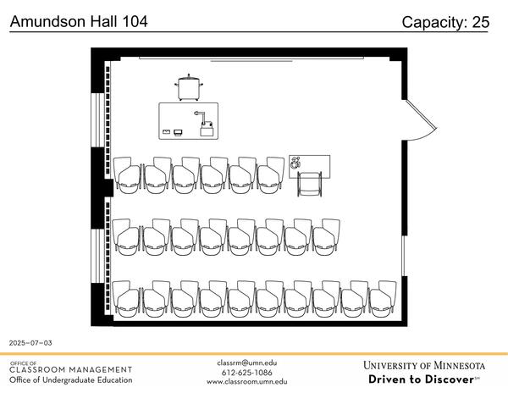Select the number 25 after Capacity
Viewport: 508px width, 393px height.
(x=480, y=23)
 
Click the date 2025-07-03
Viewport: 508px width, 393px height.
(x=30, y=343)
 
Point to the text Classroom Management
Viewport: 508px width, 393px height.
(x=71, y=370)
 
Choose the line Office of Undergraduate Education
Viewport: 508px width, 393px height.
(x=71, y=380)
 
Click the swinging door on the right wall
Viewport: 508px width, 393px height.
(x=421, y=120)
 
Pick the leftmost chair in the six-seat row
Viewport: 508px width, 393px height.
(x=128, y=175)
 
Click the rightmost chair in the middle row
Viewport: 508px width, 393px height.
(x=326, y=236)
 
